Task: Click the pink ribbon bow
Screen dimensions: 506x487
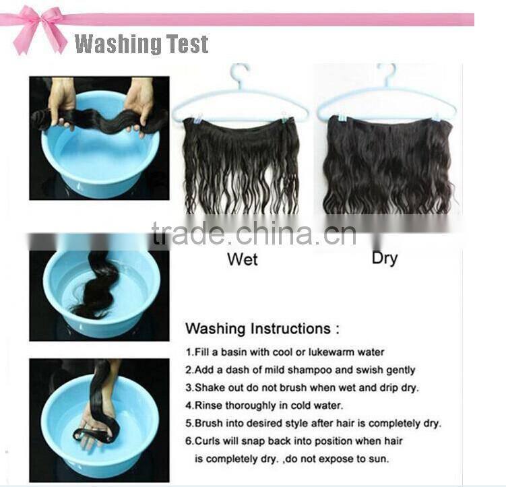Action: [x=38, y=30]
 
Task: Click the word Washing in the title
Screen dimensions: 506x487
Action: [x=118, y=44]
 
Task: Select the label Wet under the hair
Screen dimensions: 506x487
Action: [x=243, y=259]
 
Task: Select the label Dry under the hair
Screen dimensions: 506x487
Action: [x=384, y=259]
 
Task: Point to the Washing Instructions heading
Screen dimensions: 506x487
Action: [x=262, y=329]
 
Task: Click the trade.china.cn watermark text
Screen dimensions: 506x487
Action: [x=254, y=233]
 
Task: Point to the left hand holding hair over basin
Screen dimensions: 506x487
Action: [x=62, y=100]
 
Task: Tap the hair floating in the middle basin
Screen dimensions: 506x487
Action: [x=96, y=286]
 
